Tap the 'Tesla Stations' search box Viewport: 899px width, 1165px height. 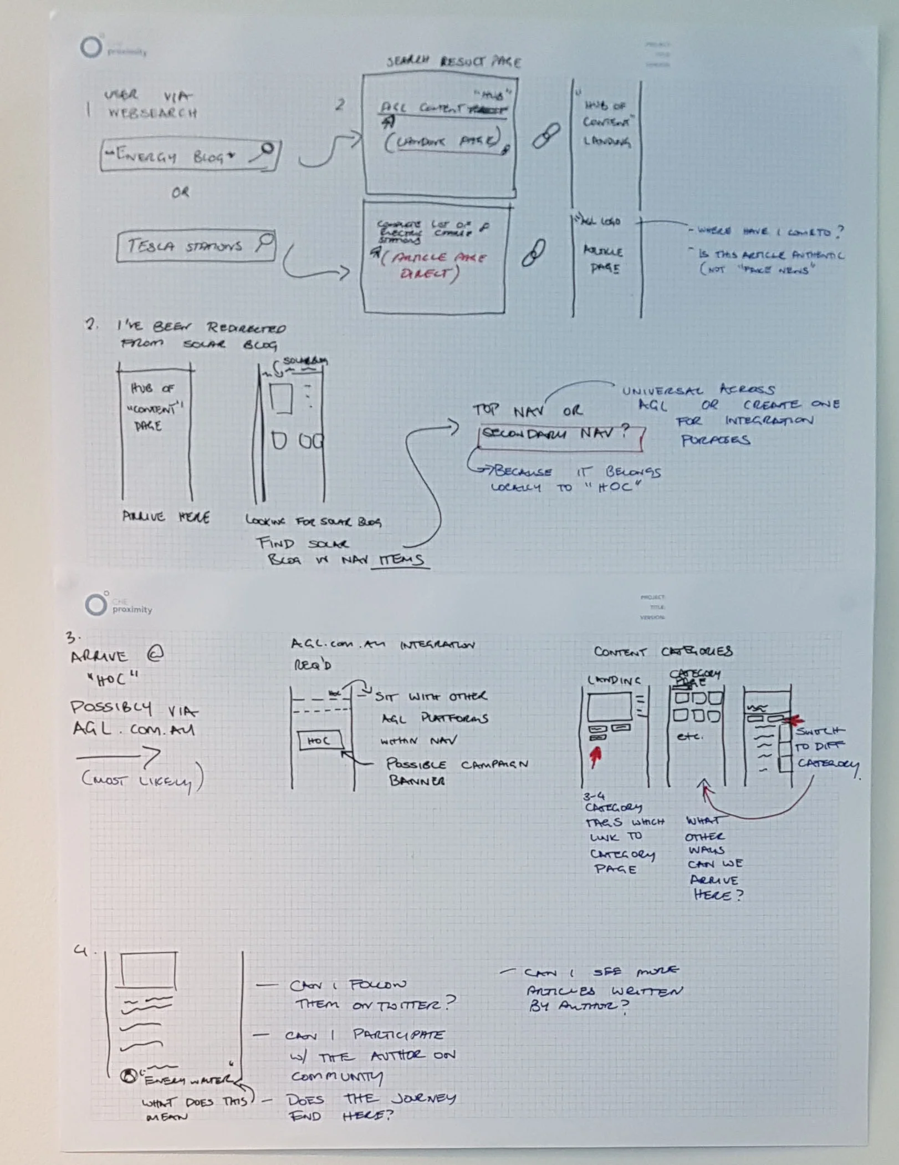[x=196, y=246]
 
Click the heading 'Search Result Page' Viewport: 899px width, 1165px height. [x=453, y=61]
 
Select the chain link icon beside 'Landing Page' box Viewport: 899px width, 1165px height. [x=545, y=135]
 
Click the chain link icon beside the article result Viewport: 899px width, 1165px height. [x=533, y=252]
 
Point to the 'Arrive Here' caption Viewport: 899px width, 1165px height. [x=165, y=517]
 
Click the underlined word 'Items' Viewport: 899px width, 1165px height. [x=401, y=560]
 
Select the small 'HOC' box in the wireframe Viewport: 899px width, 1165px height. [x=320, y=741]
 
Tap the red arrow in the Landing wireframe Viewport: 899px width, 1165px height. [x=596, y=756]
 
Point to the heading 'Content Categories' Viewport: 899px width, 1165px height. [x=663, y=651]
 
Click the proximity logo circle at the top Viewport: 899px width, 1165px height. [x=91, y=47]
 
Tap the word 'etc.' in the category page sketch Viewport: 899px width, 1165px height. [x=689, y=737]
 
